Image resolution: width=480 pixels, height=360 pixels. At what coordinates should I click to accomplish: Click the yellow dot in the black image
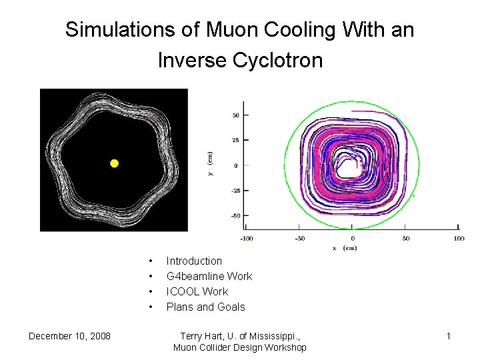(x=114, y=163)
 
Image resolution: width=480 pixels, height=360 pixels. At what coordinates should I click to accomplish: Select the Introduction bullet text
(x=194, y=261)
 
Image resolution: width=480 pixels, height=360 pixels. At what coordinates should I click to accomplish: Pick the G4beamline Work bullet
(x=209, y=276)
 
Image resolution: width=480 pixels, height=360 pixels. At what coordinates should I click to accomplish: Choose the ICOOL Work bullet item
(x=197, y=291)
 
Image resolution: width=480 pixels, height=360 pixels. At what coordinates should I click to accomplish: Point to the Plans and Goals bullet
(x=205, y=307)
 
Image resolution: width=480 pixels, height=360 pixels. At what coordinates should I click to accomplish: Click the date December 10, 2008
(x=69, y=336)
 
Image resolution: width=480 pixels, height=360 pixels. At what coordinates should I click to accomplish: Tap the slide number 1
(x=449, y=336)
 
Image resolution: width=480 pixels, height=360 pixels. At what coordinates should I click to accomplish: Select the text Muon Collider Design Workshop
(x=239, y=347)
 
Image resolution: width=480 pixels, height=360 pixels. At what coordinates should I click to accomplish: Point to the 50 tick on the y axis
(x=235, y=115)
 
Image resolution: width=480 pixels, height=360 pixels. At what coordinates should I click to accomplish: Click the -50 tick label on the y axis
(x=234, y=215)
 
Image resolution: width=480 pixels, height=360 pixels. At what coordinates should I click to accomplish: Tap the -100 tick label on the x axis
(x=247, y=238)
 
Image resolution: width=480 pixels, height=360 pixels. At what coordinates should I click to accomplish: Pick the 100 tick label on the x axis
(x=459, y=238)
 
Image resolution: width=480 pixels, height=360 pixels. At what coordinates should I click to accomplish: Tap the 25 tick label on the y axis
(x=235, y=140)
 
